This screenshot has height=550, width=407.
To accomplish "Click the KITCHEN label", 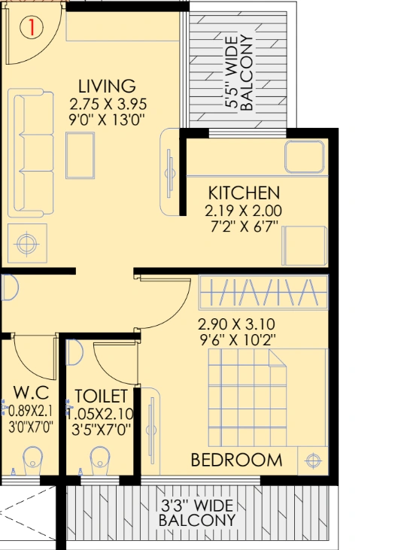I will point(245,193).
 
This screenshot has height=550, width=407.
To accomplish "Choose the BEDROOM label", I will point(236,460).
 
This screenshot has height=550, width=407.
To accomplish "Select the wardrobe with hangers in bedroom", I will point(264,293).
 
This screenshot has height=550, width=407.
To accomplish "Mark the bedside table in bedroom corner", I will point(312,459).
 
